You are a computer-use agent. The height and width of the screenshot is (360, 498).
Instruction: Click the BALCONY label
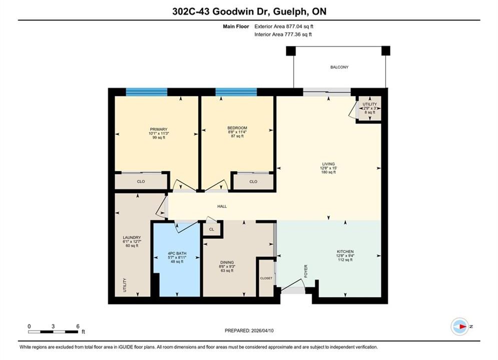point(339,67)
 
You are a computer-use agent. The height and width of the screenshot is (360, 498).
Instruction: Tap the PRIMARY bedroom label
point(159,129)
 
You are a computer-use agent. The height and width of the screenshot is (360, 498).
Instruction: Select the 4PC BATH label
point(177,253)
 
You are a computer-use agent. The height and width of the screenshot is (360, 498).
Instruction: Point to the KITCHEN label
point(345,251)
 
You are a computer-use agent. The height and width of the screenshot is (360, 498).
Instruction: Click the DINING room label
point(227,262)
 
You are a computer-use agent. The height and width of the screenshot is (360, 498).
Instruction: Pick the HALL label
point(222,206)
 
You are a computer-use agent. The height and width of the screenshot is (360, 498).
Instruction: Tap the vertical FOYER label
point(306,271)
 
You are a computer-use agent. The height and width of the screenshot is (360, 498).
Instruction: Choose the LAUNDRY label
point(132,237)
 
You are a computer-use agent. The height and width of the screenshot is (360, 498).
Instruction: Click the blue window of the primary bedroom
point(147,92)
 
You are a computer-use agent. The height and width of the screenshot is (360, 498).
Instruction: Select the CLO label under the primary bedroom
point(141,181)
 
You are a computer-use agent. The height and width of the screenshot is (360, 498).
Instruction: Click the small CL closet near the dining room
point(212,229)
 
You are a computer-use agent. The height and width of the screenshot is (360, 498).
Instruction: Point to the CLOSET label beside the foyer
point(266,278)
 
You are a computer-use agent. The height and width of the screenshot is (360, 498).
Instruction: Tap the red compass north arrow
point(463,326)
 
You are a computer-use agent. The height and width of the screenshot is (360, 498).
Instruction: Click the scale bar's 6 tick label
point(78,326)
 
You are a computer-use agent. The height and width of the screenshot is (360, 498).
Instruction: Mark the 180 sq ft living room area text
point(328,172)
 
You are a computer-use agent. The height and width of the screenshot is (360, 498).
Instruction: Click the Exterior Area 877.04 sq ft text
point(284,26)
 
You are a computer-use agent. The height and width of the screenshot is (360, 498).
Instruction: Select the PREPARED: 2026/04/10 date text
point(249,330)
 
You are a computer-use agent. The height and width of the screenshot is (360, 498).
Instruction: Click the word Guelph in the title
point(289,11)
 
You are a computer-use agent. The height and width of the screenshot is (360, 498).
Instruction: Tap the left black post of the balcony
point(291,50)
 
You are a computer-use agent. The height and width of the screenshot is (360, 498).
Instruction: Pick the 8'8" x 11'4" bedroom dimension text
point(237,132)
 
